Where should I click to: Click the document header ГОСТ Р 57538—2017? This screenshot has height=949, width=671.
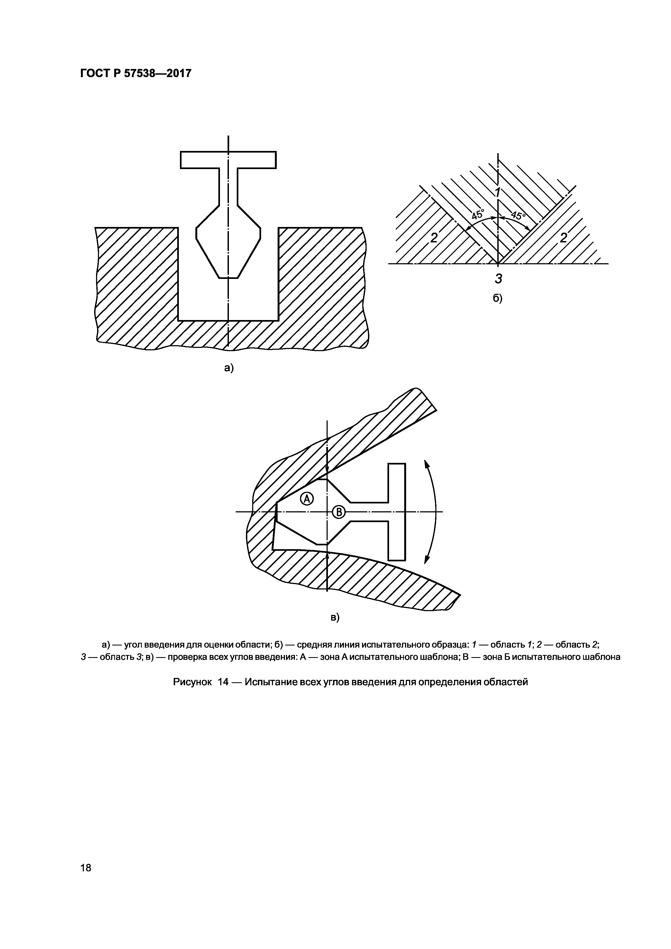136,74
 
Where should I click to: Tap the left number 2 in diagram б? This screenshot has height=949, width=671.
434,238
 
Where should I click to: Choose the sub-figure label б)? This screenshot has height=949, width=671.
498,298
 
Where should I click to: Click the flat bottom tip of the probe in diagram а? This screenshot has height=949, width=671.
228,278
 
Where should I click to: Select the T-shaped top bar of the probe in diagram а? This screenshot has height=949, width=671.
228,160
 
